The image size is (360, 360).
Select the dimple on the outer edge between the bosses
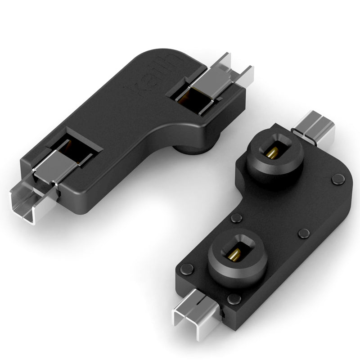303,234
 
